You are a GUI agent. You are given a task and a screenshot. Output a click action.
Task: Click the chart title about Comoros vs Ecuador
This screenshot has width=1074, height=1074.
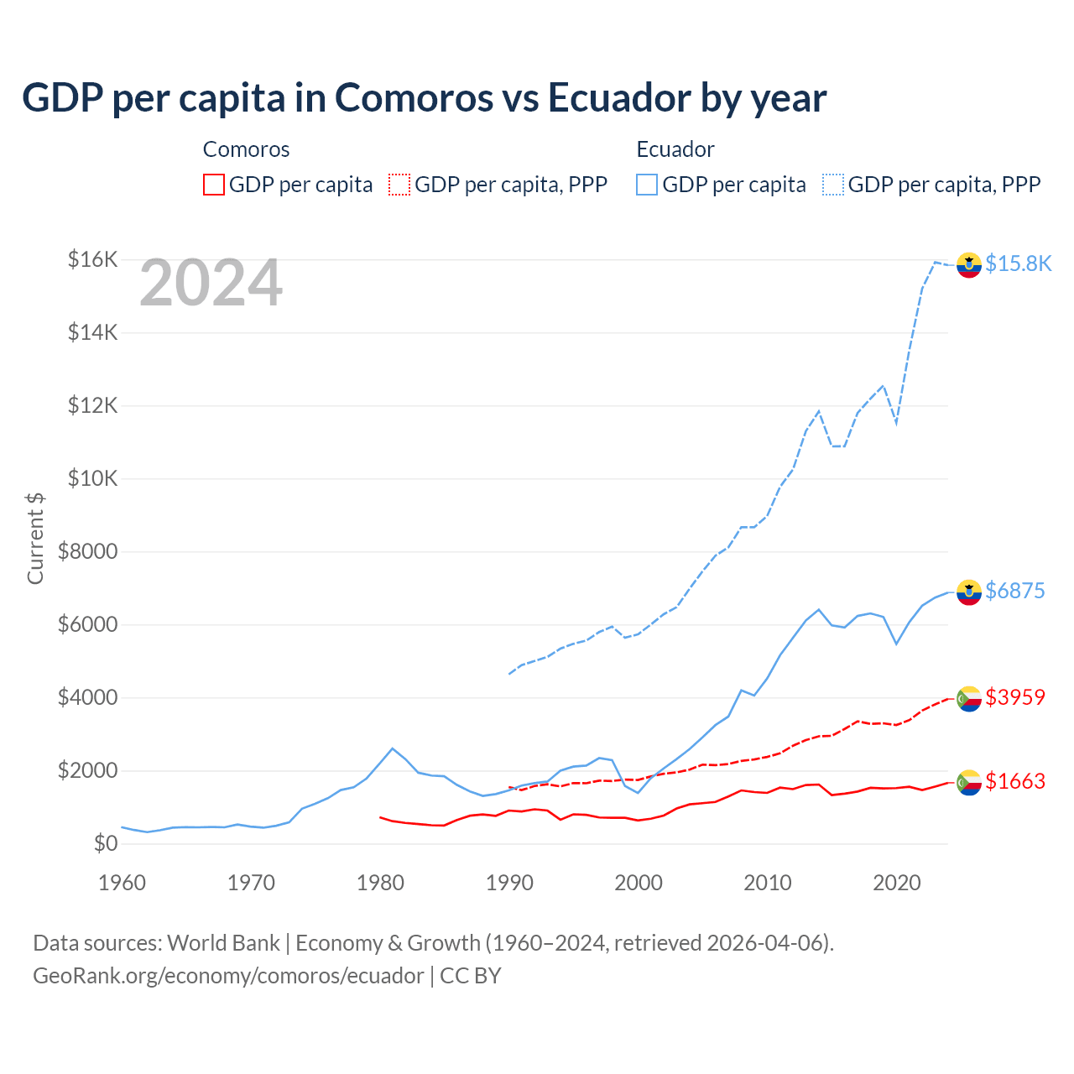click(425, 98)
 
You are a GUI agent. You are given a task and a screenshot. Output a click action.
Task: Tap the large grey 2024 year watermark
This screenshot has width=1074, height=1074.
click(211, 284)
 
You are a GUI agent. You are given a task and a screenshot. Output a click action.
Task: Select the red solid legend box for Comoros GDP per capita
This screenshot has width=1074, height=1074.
click(214, 185)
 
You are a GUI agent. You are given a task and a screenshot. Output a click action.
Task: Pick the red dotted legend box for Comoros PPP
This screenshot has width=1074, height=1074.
click(399, 185)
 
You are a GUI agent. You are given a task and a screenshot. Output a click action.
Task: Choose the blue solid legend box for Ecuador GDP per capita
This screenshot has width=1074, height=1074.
click(647, 185)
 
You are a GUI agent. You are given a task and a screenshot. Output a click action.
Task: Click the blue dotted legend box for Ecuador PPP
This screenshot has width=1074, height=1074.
click(833, 185)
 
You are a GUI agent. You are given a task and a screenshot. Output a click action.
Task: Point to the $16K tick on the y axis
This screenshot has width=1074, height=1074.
click(92, 259)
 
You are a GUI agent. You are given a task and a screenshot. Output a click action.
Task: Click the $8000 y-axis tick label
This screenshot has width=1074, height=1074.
click(87, 551)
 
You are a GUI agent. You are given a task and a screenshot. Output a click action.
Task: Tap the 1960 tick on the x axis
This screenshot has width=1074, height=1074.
click(123, 883)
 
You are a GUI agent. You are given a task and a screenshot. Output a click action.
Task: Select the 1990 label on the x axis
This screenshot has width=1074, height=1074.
click(509, 883)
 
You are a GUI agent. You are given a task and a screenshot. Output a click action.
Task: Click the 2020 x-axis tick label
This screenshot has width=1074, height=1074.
click(897, 883)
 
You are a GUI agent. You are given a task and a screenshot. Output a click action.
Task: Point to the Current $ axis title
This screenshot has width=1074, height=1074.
click(35, 538)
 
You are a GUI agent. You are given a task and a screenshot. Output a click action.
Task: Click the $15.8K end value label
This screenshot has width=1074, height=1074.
click(1018, 263)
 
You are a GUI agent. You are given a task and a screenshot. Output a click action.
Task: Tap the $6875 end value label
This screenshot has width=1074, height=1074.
click(1015, 591)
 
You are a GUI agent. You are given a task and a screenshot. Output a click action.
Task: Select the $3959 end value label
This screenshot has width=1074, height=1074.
click(1015, 697)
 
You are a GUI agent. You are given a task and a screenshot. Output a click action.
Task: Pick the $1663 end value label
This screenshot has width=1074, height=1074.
click(1015, 781)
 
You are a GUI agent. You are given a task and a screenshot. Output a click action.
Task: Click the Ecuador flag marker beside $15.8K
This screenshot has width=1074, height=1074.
click(969, 264)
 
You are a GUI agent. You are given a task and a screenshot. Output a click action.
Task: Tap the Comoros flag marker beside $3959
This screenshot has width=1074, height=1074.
click(969, 698)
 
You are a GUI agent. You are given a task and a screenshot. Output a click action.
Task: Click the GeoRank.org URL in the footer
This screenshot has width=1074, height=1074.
click(228, 976)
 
